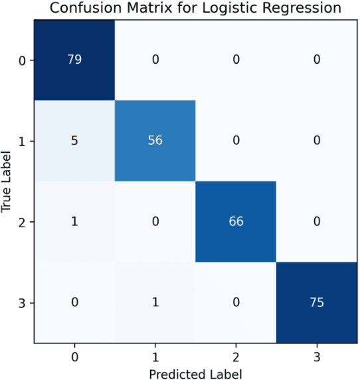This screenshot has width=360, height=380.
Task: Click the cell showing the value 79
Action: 74,60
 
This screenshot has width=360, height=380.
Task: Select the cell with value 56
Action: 155,141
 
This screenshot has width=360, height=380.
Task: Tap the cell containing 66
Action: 236,221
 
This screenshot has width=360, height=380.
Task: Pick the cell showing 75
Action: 316,302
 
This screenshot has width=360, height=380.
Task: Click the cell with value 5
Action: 74,141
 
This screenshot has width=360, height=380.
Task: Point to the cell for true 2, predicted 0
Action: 74,221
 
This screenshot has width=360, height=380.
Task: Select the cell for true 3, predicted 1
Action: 155,302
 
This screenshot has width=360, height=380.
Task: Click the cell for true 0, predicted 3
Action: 316,60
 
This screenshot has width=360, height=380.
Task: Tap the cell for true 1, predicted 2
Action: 236,141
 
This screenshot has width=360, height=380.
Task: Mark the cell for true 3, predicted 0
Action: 74,302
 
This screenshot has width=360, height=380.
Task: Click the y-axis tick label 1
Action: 23,141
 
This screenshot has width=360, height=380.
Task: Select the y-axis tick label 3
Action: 23,302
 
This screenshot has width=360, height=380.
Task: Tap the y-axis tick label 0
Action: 23,60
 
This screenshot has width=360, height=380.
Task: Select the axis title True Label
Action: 7,181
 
